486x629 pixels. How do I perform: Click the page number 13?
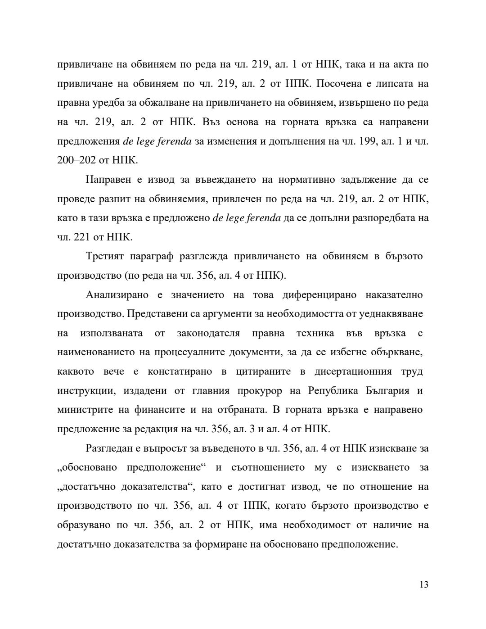(423, 585)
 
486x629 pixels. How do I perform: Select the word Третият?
(104, 256)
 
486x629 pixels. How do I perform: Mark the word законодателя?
(208, 333)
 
